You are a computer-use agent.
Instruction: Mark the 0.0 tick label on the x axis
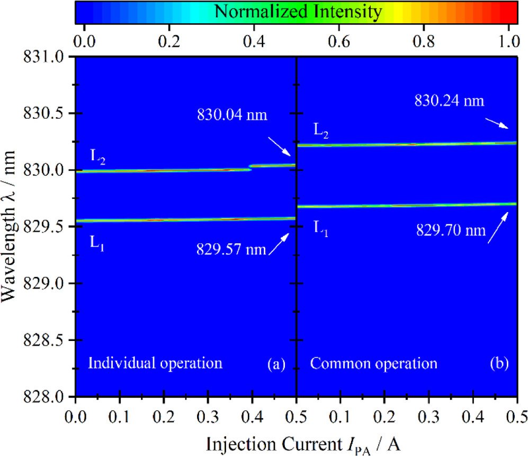(x=76, y=412)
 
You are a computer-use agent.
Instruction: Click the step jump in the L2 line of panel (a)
(x=250, y=168)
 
